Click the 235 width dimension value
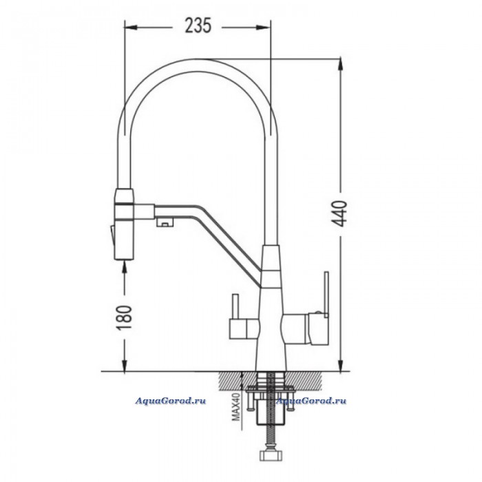coord(198,25)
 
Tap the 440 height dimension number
coord(340,213)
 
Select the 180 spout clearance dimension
coord(125,317)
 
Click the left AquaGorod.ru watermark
coord(171,401)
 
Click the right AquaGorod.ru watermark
coord(311,401)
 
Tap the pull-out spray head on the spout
coord(124,224)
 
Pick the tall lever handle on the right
coord(326,294)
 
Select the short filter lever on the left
coord(235,306)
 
